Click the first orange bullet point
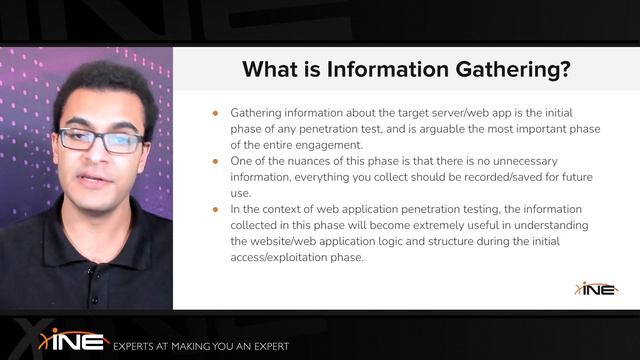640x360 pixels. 215,113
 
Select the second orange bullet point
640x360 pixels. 215,160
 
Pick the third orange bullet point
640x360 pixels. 215,208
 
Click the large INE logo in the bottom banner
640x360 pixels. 74,340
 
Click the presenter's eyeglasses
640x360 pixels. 99,140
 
